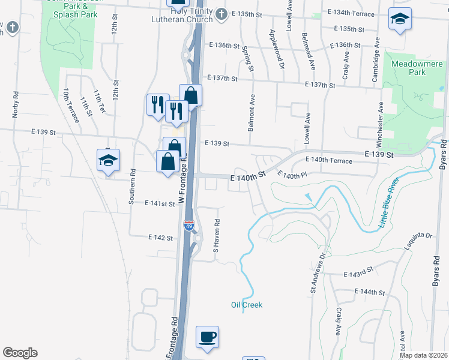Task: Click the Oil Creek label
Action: [x=247, y=305]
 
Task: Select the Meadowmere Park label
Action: [x=417, y=68]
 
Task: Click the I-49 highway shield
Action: [x=188, y=226]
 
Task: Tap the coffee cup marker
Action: [x=208, y=337]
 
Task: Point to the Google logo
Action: [x=20, y=353]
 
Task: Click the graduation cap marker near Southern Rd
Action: [x=109, y=161]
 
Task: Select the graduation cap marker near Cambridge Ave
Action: [x=399, y=19]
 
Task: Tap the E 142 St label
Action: [x=161, y=238]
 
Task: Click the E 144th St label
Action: [x=369, y=292]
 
